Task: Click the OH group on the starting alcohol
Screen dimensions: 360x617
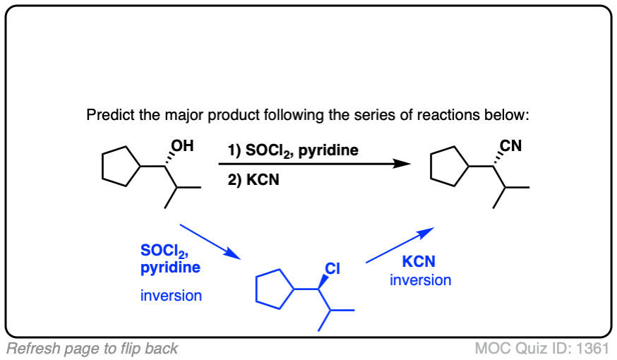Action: pyautogui.click(x=181, y=147)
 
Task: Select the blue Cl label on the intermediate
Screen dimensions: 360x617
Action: pyautogui.click(x=332, y=268)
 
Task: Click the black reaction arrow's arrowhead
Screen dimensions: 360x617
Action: pyautogui.click(x=402, y=164)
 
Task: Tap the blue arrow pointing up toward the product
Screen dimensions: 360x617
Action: pyautogui.click(x=399, y=246)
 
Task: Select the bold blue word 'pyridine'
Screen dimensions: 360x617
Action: pyautogui.click(x=170, y=268)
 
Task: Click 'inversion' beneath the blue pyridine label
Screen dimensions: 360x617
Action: pyautogui.click(x=171, y=295)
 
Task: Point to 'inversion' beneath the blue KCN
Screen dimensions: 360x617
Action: pyautogui.click(x=421, y=280)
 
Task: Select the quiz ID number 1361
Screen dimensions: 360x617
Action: pyautogui.click(x=593, y=348)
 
